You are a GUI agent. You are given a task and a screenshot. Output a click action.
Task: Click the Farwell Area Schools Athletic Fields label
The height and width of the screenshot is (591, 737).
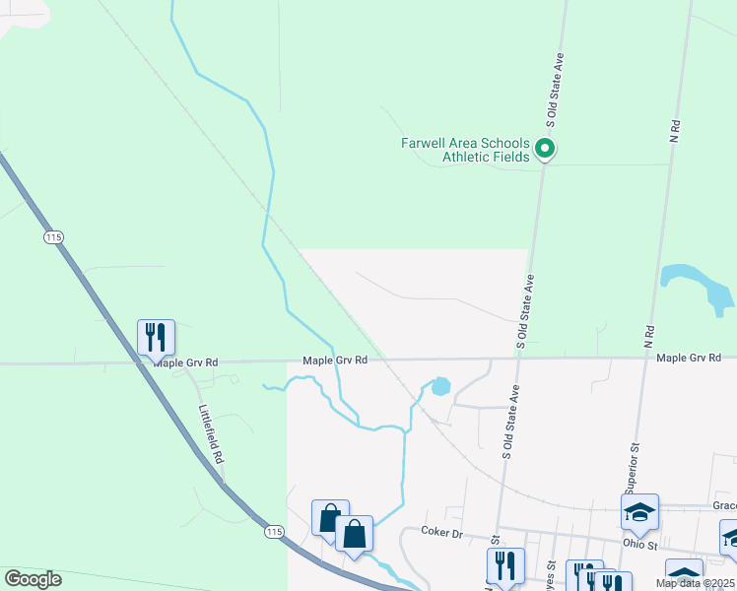coord(465,150)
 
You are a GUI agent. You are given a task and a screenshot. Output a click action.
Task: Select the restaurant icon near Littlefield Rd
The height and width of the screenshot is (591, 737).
coord(156,338)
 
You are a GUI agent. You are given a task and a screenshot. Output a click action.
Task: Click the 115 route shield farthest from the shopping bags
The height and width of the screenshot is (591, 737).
coord(52,237)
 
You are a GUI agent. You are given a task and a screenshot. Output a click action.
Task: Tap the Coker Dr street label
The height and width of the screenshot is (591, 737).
coord(442,533)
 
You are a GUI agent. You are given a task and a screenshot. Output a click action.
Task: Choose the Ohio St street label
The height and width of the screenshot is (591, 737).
coord(639,543)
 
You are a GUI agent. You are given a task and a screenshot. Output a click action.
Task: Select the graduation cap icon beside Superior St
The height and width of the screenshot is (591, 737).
coord(639,512)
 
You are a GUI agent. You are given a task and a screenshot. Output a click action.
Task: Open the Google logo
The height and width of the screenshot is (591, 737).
coord(33,579)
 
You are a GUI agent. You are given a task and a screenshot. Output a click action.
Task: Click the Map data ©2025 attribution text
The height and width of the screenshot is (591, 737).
coord(695,583)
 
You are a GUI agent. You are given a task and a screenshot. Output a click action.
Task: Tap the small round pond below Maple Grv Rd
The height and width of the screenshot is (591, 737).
coord(440,386)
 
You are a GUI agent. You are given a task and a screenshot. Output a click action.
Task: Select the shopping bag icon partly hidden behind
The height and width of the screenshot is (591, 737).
coord(328,518)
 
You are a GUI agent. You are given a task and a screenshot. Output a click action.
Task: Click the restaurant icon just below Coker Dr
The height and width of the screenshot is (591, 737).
coord(504,566)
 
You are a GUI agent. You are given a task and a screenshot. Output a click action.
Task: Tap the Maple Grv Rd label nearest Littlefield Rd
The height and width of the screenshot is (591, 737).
coord(185,362)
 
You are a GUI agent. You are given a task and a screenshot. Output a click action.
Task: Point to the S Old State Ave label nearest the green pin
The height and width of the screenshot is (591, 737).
coord(555,91)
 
